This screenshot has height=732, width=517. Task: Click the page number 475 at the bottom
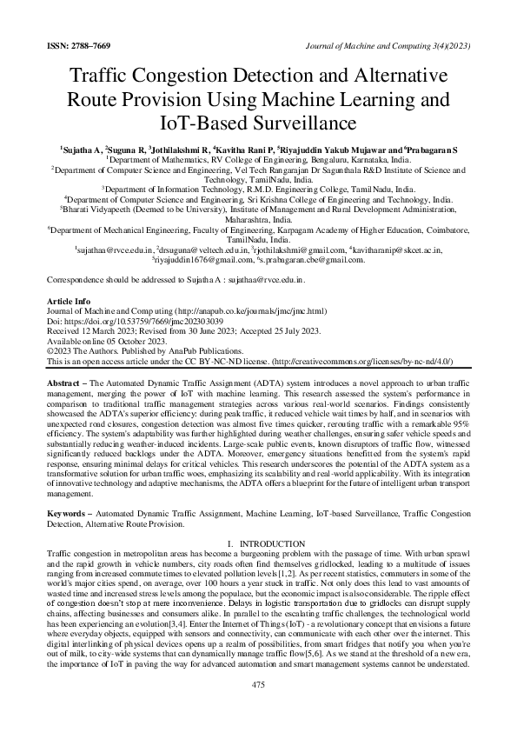tap(258, 685)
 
